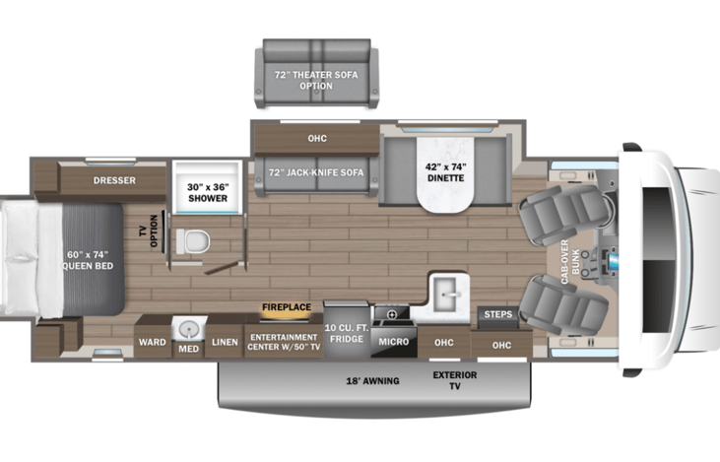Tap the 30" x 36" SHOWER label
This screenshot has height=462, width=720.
(208, 191)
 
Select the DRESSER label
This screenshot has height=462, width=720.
(114, 180)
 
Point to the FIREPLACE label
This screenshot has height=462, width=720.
(287, 307)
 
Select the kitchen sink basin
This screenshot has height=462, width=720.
(445, 295)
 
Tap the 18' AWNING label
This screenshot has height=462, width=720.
(372, 381)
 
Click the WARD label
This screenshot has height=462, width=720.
(152, 343)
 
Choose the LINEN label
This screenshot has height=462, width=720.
(226, 342)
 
